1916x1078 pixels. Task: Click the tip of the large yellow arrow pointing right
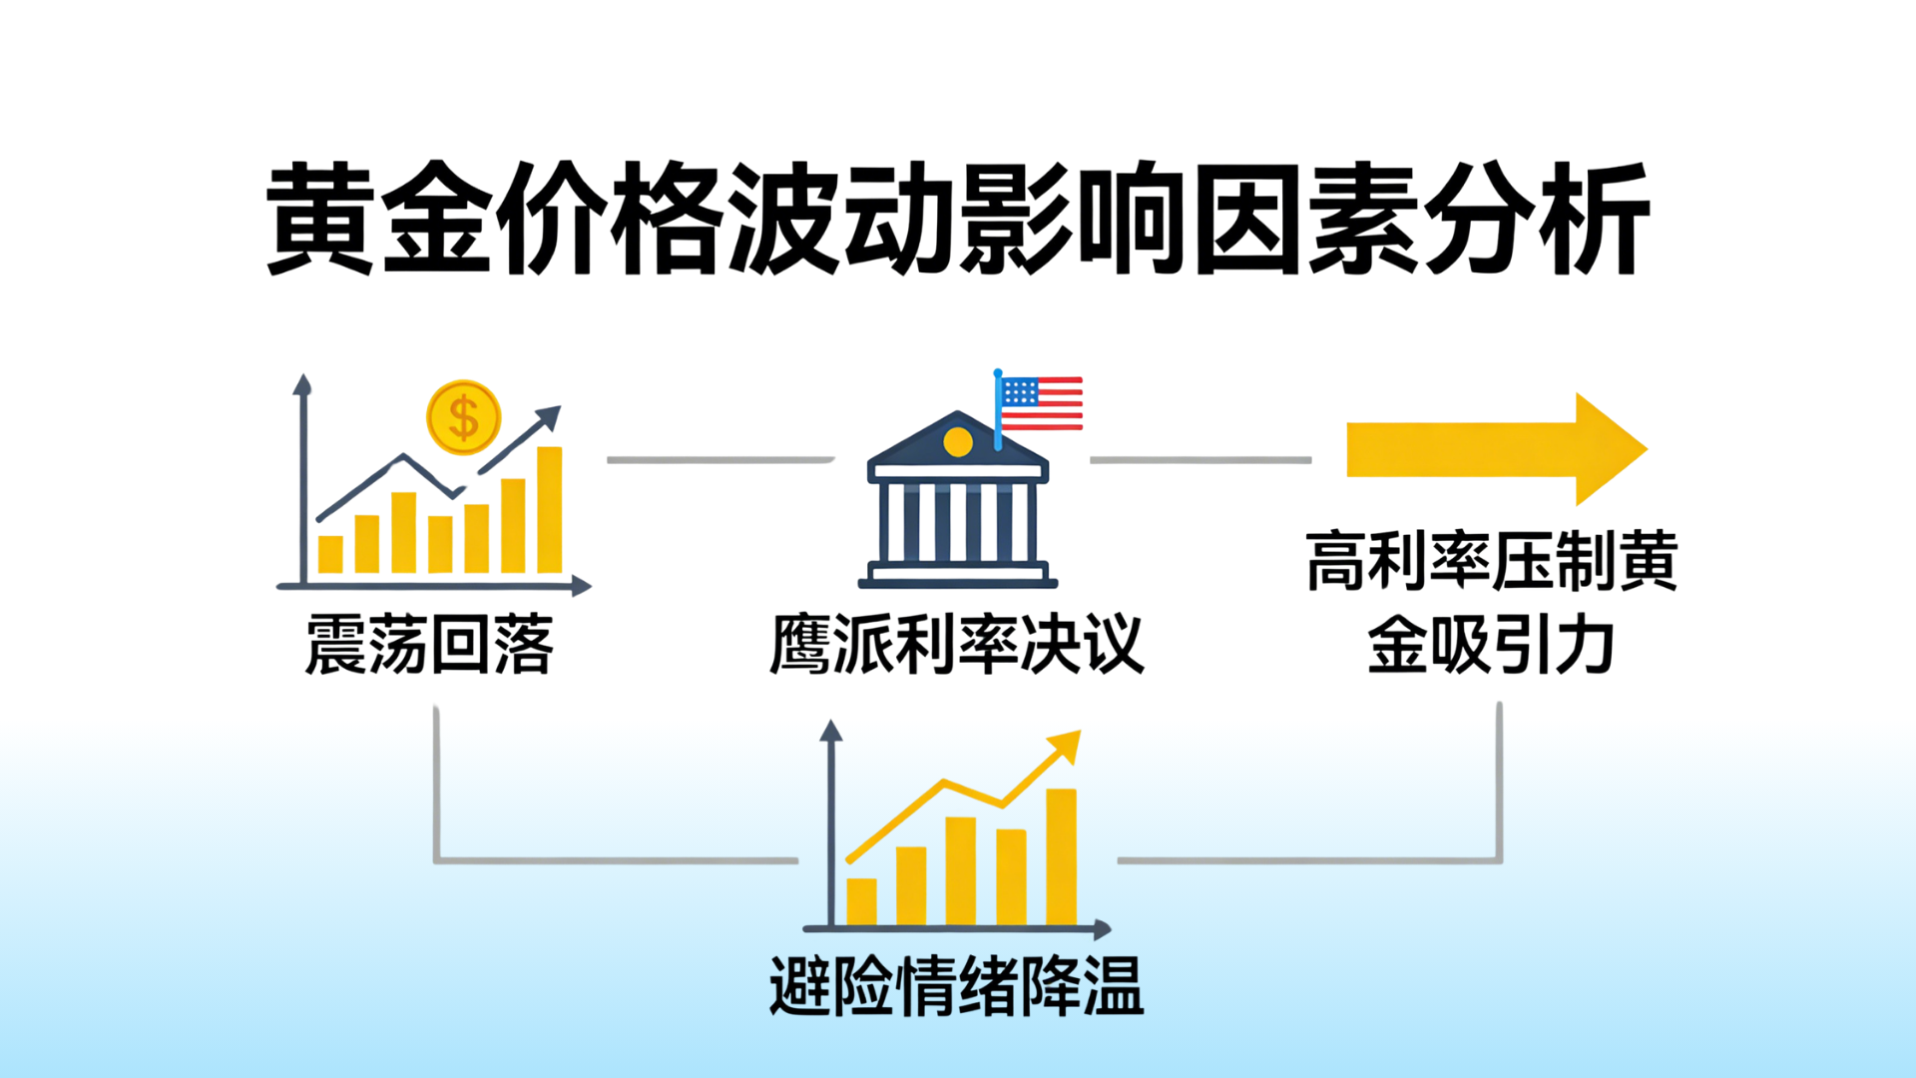click(1647, 449)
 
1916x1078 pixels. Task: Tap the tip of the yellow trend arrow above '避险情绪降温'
click(1080, 732)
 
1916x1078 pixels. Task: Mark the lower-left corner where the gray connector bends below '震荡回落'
click(436, 859)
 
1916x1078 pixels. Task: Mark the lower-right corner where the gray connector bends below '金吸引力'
click(1499, 859)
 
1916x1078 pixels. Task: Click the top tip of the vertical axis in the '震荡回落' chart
click(302, 375)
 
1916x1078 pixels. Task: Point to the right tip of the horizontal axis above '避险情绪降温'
click(1111, 929)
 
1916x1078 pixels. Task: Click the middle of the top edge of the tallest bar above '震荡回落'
click(550, 447)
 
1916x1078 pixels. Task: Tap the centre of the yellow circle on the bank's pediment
click(958, 441)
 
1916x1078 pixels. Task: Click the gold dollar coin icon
click(463, 417)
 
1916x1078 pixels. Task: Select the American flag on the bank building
click(1039, 404)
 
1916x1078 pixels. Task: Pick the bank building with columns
click(958, 499)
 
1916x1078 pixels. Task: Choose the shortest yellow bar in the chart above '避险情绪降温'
click(861, 901)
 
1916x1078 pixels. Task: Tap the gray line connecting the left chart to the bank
click(720, 460)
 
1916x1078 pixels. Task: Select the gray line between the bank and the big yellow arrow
click(1200, 460)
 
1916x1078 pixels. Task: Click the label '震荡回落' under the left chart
click(429, 646)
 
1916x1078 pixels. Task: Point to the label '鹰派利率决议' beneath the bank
click(957, 645)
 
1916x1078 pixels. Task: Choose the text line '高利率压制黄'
click(1492, 561)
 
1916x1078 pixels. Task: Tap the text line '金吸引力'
click(1491, 645)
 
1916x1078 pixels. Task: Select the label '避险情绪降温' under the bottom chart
click(957, 986)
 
